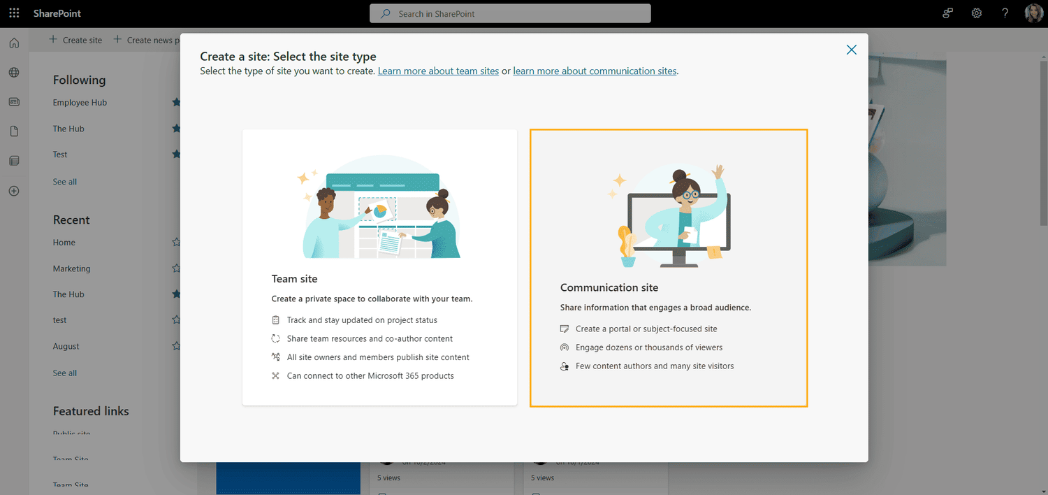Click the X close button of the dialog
pyautogui.click(x=851, y=50)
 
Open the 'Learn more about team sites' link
pyautogui.click(x=438, y=71)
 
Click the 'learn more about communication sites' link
pyautogui.click(x=595, y=71)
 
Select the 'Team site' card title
pyautogui.click(x=294, y=279)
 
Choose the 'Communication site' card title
pyautogui.click(x=609, y=287)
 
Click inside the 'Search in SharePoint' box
pyautogui.click(x=510, y=13)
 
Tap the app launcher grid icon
pyautogui.click(x=14, y=13)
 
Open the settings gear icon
pyautogui.click(x=977, y=13)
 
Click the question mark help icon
pyautogui.click(x=1005, y=13)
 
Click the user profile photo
pyautogui.click(x=1033, y=13)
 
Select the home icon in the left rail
pyautogui.click(x=14, y=43)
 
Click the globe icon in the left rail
pyautogui.click(x=14, y=73)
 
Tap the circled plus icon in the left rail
pyautogui.click(x=14, y=191)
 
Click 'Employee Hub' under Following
pyautogui.click(x=80, y=103)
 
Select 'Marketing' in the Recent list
pyautogui.click(x=71, y=268)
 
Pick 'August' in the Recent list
pyautogui.click(x=66, y=346)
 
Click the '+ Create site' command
pyautogui.click(x=75, y=40)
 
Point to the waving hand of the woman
pyautogui.click(x=718, y=171)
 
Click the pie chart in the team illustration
pyautogui.click(x=380, y=210)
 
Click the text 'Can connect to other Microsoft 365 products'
pyautogui.click(x=370, y=376)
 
